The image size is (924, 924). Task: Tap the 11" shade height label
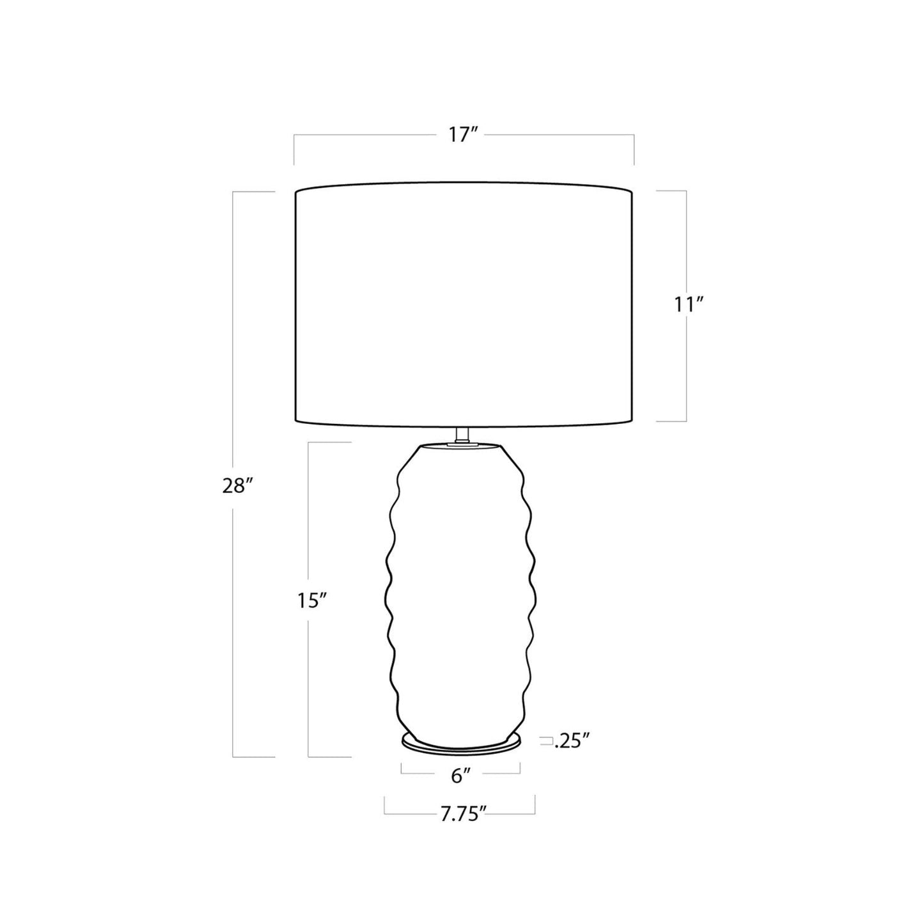click(x=689, y=305)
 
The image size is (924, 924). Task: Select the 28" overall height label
click(x=237, y=487)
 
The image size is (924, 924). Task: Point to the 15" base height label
click(x=311, y=601)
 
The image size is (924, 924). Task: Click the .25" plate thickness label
click(x=571, y=755)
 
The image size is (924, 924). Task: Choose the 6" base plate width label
click(x=460, y=790)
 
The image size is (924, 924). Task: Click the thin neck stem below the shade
click(x=462, y=434)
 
